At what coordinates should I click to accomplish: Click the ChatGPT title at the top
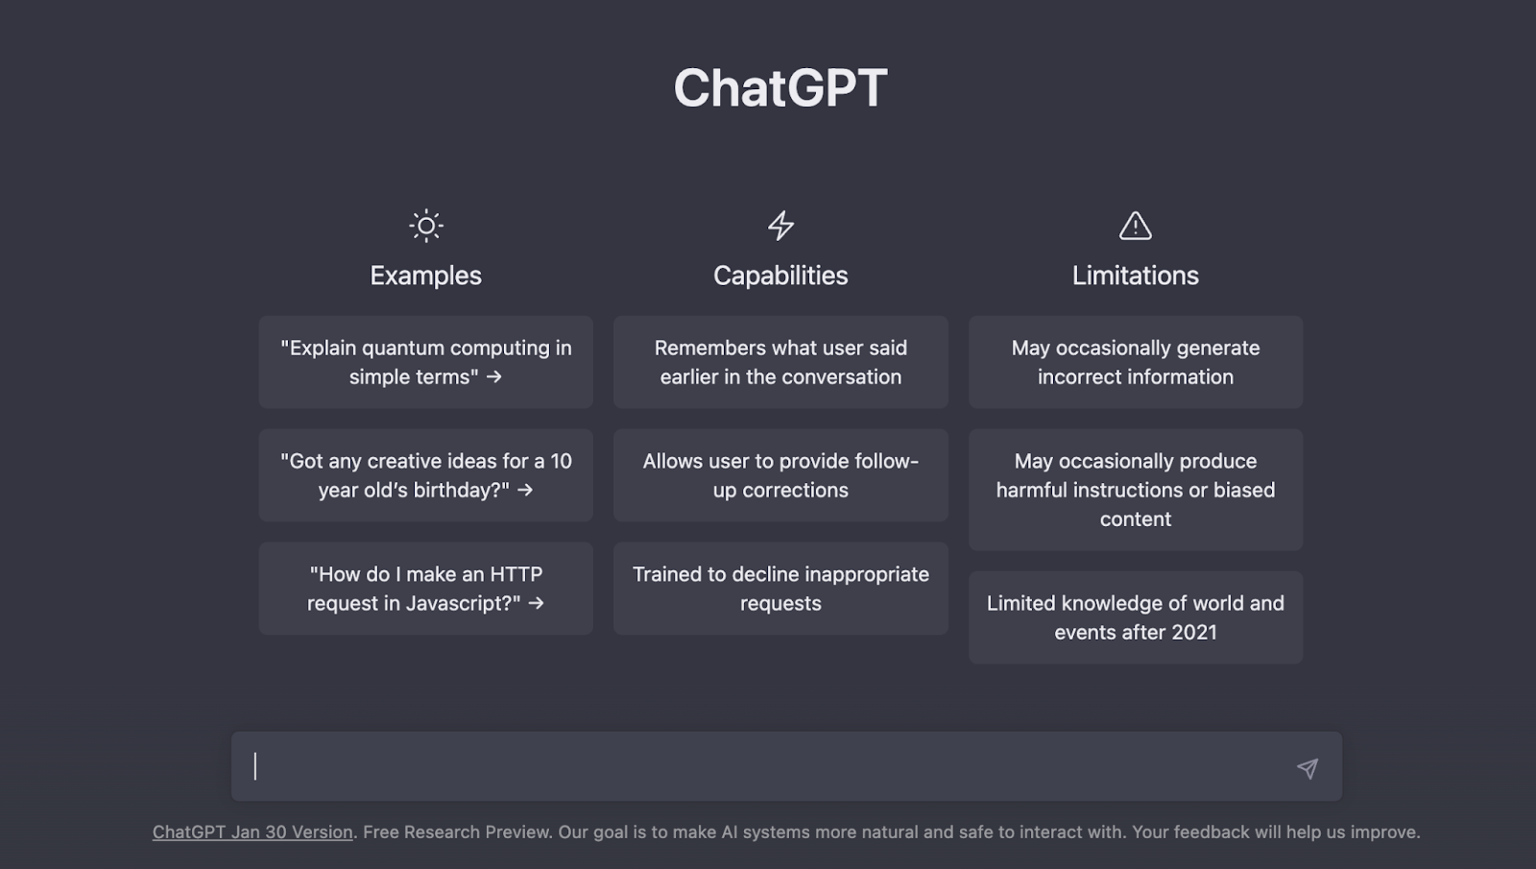pos(780,87)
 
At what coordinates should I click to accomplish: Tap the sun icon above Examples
pos(426,226)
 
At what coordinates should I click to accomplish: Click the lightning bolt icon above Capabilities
pos(780,226)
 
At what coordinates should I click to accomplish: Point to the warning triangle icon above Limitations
pos(1136,226)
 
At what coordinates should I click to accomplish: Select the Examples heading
pos(426,276)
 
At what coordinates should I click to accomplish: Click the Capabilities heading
pos(780,276)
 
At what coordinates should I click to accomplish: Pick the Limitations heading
pos(1136,276)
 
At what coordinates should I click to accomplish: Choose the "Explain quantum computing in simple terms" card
pos(426,362)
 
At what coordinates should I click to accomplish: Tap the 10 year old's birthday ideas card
pos(426,475)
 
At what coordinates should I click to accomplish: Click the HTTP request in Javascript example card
pos(426,589)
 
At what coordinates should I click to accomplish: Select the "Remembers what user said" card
pos(780,362)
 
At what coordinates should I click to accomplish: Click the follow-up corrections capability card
pos(780,475)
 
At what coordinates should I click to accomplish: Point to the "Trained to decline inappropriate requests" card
pos(780,589)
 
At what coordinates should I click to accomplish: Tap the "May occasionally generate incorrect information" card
pos(1136,362)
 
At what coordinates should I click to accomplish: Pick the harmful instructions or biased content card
pos(1136,490)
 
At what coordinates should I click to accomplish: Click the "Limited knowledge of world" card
pos(1136,617)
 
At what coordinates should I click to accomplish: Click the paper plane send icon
pos(1308,768)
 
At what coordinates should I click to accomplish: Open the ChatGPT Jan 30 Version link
pos(252,832)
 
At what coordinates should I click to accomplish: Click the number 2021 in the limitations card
pos(1194,633)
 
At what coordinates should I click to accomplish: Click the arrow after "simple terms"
pos(493,377)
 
